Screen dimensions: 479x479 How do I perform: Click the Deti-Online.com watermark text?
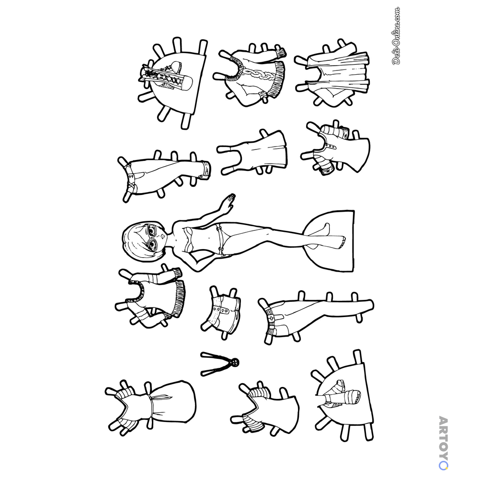pos(396,36)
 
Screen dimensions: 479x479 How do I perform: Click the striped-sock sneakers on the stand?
pos(340,394)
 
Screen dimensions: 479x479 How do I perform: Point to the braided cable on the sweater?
pos(258,75)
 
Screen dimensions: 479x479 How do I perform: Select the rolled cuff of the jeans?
pos(205,169)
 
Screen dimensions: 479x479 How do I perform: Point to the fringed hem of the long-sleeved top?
pos(179,298)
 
